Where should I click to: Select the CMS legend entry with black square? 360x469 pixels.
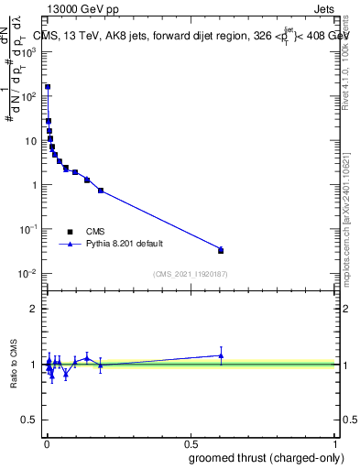71,232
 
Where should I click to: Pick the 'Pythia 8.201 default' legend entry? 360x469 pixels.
71,245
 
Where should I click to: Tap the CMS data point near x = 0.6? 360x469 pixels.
220,250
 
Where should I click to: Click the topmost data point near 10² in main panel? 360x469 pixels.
48,87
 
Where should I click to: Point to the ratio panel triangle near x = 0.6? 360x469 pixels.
220,355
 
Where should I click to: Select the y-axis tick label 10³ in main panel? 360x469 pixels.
30,52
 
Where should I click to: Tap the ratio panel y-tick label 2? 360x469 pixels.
34,309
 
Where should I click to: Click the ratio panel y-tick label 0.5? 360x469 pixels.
30,420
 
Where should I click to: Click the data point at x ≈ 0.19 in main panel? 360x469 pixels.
101,191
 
